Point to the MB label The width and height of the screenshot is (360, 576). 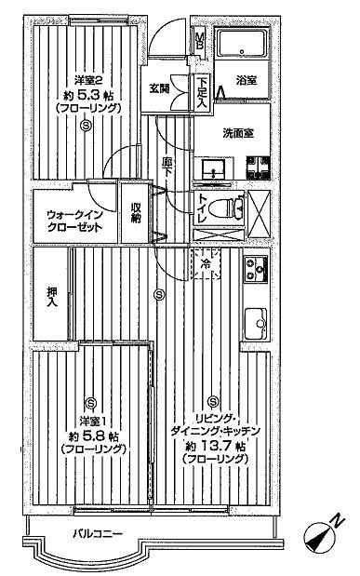click(200, 41)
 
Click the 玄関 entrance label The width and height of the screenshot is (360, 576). click(158, 88)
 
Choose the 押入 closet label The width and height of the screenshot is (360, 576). click(54, 295)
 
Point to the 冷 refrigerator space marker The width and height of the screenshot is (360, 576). click(206, 265)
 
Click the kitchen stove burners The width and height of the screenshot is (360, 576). click(254, 270)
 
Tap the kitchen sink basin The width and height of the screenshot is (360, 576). click(254, 326)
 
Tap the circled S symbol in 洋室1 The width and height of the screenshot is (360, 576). click(90, 402)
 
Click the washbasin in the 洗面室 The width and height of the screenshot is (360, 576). click(214, 170)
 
